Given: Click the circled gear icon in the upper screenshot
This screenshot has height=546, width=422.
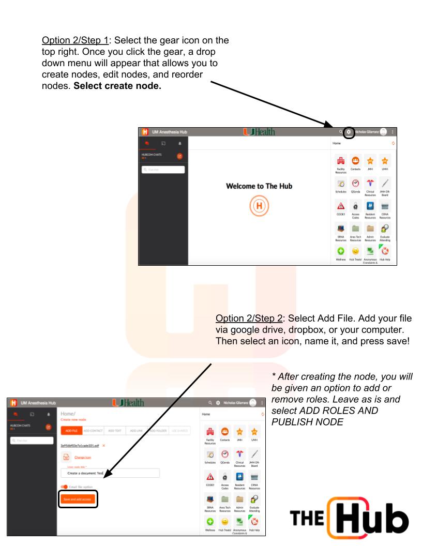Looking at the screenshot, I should tap(349, 132).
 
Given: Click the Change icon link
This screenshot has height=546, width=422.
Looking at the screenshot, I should tap(83, 457).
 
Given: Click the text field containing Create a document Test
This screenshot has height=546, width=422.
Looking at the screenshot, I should tap(110, 473).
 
